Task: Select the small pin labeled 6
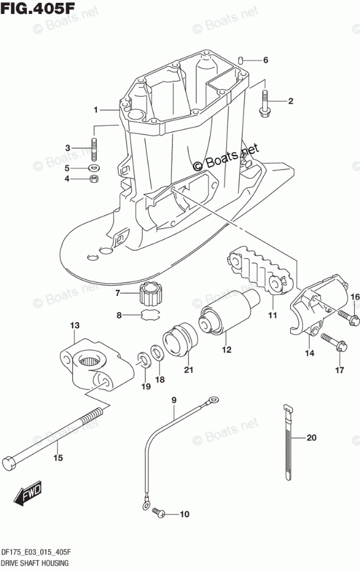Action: pos(242,59)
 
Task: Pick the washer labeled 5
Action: pos(93,168)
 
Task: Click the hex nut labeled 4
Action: pos(92,179)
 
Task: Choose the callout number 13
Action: pos(75,327)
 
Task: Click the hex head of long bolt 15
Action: pos(10,462)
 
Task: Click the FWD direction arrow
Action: pos(27,494)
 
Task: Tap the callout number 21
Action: pos(187,370)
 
